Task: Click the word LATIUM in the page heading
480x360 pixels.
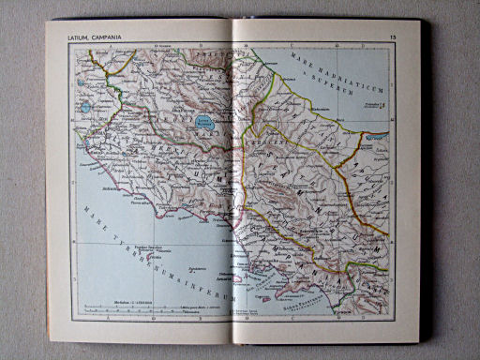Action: tap(77, 37)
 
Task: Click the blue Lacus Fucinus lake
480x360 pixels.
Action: tap(204, 121)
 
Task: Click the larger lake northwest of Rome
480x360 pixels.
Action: tap(85, 107)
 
